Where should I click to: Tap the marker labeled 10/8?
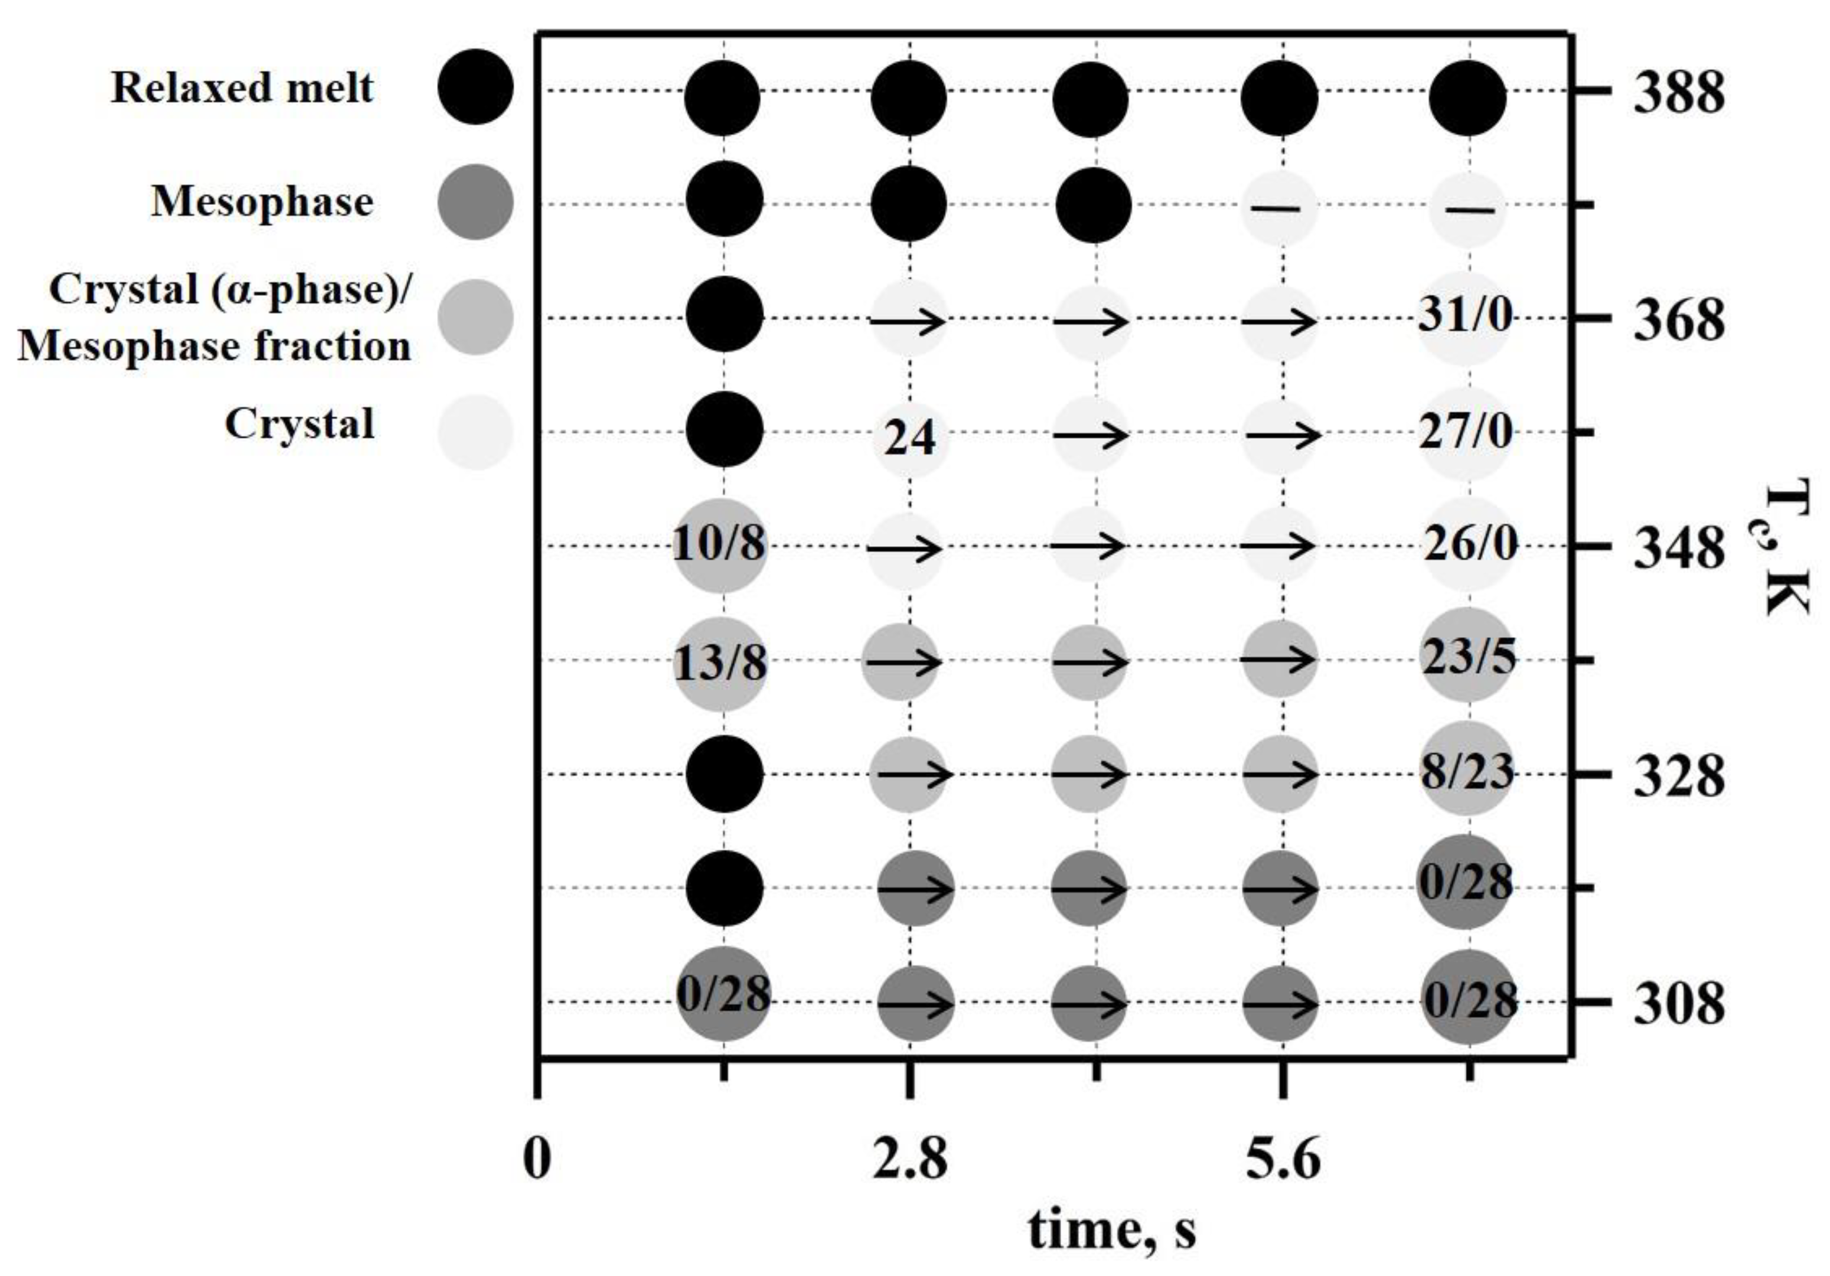click(x=720, y=547)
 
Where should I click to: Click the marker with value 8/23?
click(x=1467, y=770)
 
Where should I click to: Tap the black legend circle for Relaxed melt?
click(x=476, y=87)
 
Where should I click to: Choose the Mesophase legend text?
click(x=262, y=201)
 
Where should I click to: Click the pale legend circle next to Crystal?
click(x=476, y=433)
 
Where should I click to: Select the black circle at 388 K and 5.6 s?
click(x=1280, y=97)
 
